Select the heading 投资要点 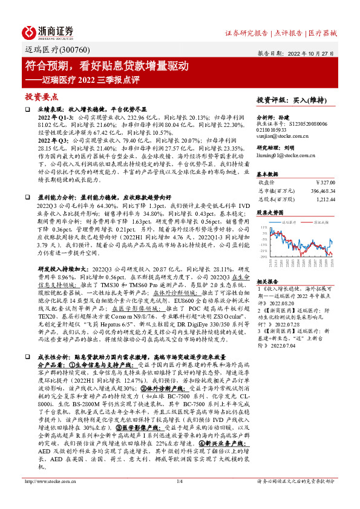click(x=42, y=97)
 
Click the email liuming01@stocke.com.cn click(x=283, y=155)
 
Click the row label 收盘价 click(x=267, y=181)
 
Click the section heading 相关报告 click(x=267, y=281)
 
